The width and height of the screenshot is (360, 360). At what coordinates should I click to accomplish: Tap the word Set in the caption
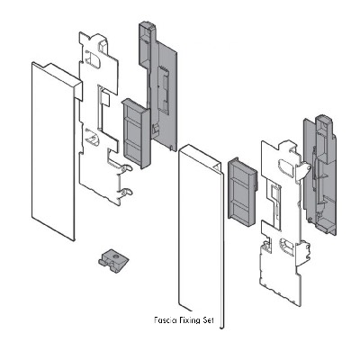pyautogui.click(x=208, y=320)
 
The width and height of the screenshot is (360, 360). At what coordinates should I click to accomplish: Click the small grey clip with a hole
pyautogui.click(x=113, y=261)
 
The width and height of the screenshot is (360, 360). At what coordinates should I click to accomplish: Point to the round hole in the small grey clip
pyautogui.click(x=115, y=256)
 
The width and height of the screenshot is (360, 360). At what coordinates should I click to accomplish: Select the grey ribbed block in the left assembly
pyautogui.click(x=136, y=133)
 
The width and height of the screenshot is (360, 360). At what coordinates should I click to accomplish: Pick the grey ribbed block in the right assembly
pyautogui.click(x=242, y=192)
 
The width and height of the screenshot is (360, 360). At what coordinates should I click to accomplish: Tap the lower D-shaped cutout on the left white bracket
pyautogui.click(x=93, y=137)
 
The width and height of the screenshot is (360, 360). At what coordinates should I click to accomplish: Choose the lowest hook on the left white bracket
pyautogui.click(x=125, y=192)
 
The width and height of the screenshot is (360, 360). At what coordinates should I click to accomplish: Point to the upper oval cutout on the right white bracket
pyautogui.click(x=287, y=165)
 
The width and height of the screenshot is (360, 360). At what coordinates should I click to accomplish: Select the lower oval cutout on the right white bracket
pyautogui.click(x=287, y=247)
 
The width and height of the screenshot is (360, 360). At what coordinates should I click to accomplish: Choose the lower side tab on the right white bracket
pyautogui.click(x=302, y=255)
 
